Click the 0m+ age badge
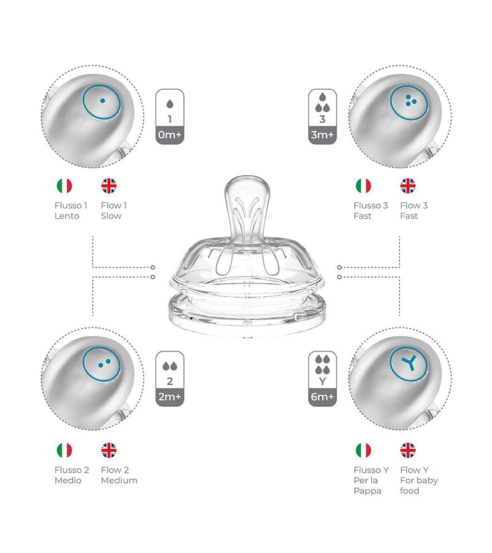pos(170,135)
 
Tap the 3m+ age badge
pos(322,135)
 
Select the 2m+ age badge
pos(170,397)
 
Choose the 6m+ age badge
pos(322,397)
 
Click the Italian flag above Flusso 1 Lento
pos(64,186)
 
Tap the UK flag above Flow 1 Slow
pos(109,186)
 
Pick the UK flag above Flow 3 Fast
pos(408,186)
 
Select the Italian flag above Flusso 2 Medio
pos(64,450)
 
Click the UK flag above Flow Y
pos(408,450)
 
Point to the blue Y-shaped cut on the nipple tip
pos(410,363)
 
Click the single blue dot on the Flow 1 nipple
pos(102,101)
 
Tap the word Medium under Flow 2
pos(119,480)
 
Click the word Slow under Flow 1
pos(111,216)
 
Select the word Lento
pos(66,216)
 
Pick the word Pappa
pos(367,491)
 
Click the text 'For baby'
pos(419,480)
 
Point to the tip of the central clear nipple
pos(247,176)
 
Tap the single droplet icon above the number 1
pos(170,104)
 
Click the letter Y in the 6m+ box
pos(322,382)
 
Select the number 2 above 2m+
pos(170,381)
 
